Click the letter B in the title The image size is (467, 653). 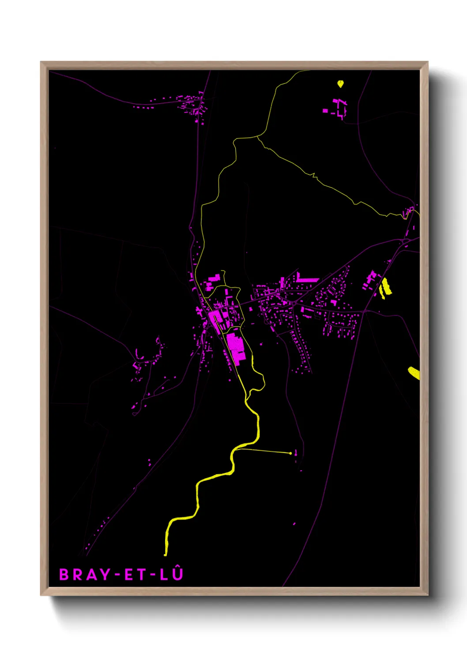64,574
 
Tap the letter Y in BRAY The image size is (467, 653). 105,574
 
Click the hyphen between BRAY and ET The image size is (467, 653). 117,575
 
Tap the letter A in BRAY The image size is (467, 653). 91,574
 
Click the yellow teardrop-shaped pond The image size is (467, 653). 340,83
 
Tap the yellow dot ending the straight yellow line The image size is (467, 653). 290,453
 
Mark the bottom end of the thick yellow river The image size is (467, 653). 166,554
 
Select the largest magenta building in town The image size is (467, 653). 236,348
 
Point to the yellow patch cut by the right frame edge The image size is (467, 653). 414,373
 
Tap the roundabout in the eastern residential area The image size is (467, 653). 293,304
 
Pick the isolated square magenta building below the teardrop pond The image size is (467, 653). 325,111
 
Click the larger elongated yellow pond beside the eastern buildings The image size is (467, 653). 387,286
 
